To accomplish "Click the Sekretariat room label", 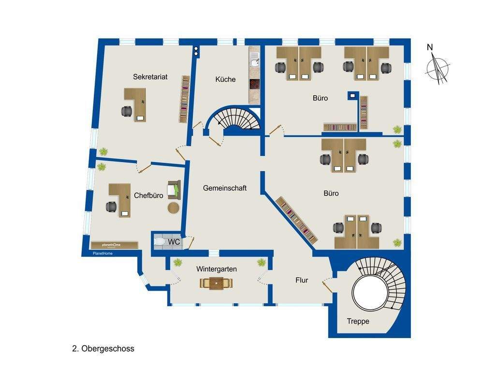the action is point(150,77).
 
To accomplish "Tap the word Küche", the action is point(225,79).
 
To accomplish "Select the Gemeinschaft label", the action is point(224,188).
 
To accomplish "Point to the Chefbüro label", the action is point(148,195).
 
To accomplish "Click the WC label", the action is point(174,242).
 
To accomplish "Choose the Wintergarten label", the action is point(216,269).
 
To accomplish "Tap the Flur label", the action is point(302,280).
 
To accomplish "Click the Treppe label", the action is point(358,321).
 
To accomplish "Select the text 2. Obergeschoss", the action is point(103,349).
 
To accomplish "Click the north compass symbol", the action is point(437,68).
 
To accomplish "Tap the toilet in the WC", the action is point(160,242).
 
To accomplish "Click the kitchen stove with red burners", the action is point(254,84).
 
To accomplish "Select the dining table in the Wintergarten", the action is point(216,283).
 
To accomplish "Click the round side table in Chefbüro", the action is point(174,208).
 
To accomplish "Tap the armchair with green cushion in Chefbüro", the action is point(174,190).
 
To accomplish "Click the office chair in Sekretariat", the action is point(127,111).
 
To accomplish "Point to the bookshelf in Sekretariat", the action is point(184,99).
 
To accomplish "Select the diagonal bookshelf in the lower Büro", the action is point(296,220).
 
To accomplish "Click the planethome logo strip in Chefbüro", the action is point(115,245).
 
